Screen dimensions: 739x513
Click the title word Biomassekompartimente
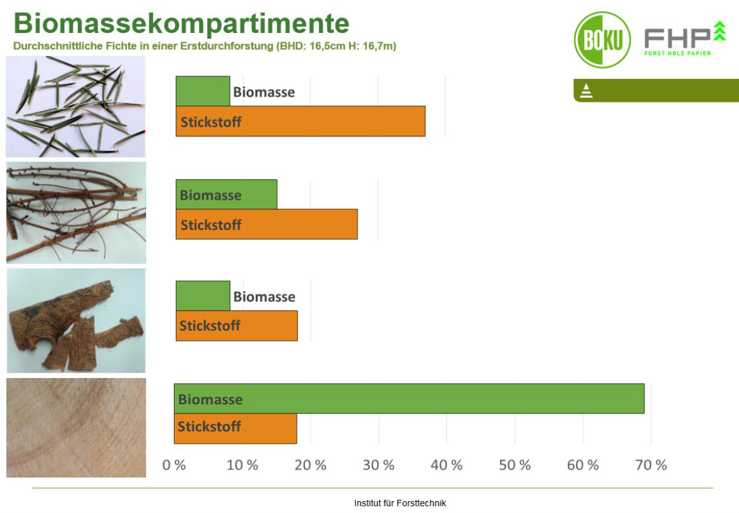click(182, 24)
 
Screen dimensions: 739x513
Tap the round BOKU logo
click(602, 40)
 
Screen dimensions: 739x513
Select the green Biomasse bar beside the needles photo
click(203, 91)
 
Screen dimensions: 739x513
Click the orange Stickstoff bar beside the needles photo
click(300, 121)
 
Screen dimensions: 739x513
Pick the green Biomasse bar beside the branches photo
click(226, 194)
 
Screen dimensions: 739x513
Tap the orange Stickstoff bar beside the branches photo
click(266, 224)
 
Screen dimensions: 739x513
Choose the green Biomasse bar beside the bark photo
click(203, 296)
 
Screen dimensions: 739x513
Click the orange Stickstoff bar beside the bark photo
click(236, 325)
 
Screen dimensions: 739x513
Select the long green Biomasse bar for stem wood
click(409, 399)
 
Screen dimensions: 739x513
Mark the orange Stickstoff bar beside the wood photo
click(235, 428)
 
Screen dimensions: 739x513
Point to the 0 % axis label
click(174, 465)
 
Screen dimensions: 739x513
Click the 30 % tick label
click(378, 465)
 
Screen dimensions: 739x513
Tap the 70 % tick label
click(651, 465)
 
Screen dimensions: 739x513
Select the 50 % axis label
click(514, 465)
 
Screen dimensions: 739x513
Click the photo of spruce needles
click(75, 106)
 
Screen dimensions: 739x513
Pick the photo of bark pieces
click(76, 320)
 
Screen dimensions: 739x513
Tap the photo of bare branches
click(76, 213)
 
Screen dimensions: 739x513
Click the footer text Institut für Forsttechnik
click(400, 503)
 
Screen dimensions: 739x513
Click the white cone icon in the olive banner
click(586, 90)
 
